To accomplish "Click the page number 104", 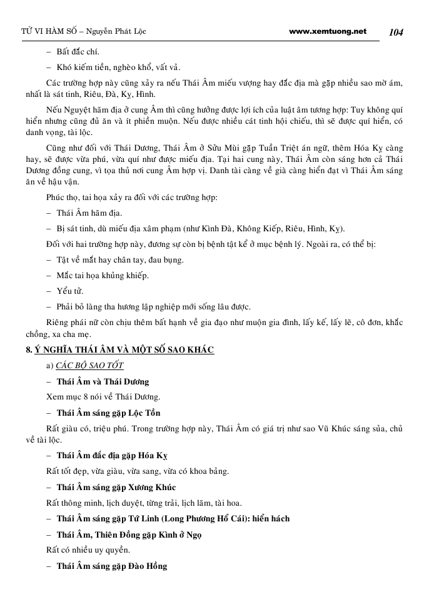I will point(396,32).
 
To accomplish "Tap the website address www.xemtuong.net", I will point(328,31).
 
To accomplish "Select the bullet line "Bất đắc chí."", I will point(78,51).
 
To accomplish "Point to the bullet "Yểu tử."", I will point(69,291).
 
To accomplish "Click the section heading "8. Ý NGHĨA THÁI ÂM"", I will point(116,349).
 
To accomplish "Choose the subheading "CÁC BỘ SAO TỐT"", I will point(89,365).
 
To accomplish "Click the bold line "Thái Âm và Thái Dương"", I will point(103,381).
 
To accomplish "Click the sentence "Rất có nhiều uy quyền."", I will point(88,551).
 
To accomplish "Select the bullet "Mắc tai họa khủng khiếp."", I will point(103,275).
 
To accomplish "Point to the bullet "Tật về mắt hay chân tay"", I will point(103,259).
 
